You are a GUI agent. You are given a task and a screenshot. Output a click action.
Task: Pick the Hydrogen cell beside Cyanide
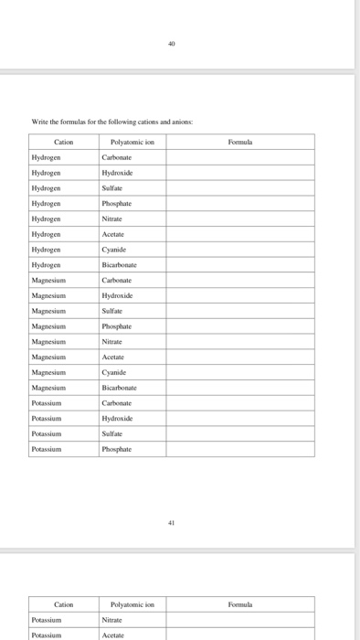tap(47, 249)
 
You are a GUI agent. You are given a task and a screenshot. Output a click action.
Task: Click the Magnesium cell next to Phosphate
tap(50, 325)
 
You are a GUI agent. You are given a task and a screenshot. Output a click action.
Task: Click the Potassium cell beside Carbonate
tap(48, 402)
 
